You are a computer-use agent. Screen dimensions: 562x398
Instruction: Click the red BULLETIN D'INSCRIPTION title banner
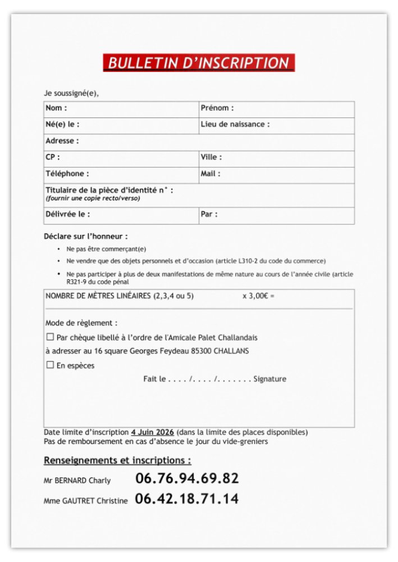click(199, 63)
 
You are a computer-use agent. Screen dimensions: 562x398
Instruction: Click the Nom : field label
click(56, 108)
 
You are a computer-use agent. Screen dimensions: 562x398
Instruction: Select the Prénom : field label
click(217, 108)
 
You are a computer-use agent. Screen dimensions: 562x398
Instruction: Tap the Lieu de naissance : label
click(235, 124)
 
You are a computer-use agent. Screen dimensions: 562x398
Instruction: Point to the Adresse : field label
click(62, 141)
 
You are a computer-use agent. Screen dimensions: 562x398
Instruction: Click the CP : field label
click(53, 157)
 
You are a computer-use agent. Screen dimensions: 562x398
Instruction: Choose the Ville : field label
click(211, 157)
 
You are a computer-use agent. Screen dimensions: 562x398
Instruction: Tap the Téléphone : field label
click(67, 174)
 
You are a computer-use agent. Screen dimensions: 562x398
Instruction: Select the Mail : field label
click(211, 174)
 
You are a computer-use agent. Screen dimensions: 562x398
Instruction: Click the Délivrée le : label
click(67, 214)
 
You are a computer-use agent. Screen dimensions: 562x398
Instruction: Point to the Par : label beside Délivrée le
click(209, 214)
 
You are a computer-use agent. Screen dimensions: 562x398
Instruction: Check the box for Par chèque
click(50, 337)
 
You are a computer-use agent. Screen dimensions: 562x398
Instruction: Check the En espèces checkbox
click(50, 365)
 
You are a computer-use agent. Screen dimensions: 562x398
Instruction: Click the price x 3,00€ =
click(258, 296)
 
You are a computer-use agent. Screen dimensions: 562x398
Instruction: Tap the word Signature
click(269, 379)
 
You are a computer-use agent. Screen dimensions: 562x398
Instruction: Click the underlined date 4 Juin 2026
click(152, 432)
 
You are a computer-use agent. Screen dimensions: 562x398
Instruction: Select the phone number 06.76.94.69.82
click(187, 479)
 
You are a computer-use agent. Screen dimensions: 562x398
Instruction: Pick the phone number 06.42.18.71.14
click(186, 498)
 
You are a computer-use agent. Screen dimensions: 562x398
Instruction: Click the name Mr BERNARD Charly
click(77, 481)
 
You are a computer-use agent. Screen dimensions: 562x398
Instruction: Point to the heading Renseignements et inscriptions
click(117, 460)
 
